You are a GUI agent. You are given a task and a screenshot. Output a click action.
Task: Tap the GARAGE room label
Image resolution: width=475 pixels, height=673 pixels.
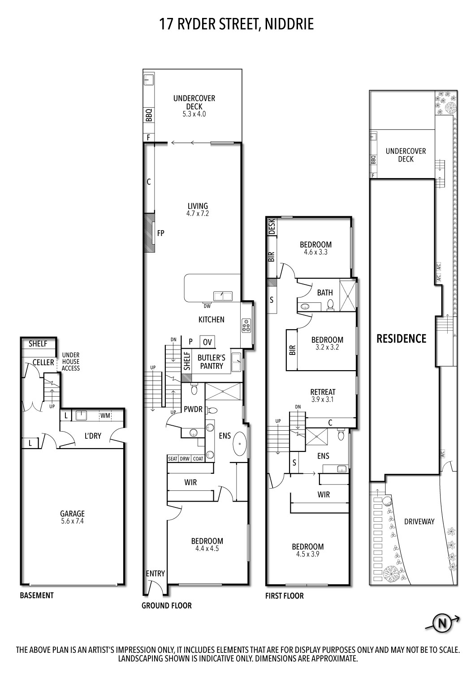coord(72,514)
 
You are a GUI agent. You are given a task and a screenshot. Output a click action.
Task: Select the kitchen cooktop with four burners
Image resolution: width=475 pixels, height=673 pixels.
coord(246,325)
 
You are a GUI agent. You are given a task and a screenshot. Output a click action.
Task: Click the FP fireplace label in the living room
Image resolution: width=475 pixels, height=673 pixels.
coord(160,233)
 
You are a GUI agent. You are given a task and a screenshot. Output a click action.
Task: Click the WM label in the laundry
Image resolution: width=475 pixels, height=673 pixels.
coord(105,415)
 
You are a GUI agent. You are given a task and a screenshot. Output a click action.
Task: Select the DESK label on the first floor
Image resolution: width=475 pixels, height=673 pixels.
coord(272,227)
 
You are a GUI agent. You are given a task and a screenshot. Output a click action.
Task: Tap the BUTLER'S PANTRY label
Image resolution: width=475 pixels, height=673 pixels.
coord(211,362)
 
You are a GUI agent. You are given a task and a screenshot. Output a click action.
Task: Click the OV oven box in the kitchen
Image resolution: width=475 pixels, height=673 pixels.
coord(207,342)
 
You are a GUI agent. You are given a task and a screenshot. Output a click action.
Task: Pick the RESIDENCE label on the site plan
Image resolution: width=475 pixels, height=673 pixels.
coord(401,338)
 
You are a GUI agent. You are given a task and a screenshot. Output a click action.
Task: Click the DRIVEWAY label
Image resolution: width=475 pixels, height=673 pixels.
coord(419,522)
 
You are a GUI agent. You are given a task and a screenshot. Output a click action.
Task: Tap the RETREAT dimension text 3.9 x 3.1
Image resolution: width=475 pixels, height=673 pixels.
coord(323,399)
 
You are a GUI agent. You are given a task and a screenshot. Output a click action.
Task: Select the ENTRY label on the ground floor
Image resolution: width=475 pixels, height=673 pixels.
coord(155,573)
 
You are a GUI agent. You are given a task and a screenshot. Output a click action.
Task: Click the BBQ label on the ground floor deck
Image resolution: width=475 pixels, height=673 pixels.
coord(149,115)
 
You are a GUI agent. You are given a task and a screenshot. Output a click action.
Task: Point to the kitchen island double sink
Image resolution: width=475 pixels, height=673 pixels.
coord(222,296)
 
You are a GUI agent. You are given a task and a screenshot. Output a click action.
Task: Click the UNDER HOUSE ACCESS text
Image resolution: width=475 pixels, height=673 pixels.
coord(71,362)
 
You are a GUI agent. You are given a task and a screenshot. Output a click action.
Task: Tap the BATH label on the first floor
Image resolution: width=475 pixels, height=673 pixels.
coord(325,293)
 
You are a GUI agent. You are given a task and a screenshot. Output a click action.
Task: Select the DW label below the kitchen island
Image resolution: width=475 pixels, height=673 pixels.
coord(207,306)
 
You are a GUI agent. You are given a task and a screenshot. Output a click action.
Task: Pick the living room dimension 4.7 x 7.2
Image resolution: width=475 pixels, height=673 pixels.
coord(198,214)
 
